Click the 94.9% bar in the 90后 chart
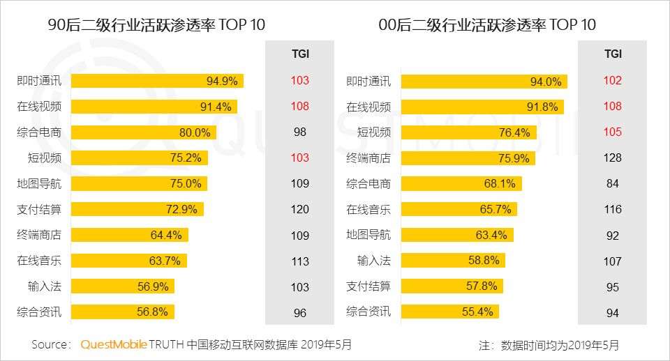[x=157, y=81]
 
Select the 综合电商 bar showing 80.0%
[x=144, y=132]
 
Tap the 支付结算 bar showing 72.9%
[x=137, y=209]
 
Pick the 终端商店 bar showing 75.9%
[x=468, y=158]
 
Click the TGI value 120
[x=300, y=209]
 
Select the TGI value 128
[x=613, y=158]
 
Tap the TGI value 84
[x=613, y=184]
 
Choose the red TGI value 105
[x=613, y=132]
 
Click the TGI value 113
[x=300, y=261]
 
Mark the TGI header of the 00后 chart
[x=613, y=54]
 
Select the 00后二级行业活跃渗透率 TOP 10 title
[x=487, y=25]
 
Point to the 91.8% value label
[x=544, y=107]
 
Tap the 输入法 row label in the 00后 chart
[x=373, y=261]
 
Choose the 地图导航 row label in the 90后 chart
[x=39, y=184]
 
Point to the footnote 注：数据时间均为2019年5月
[x=549, y=345]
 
